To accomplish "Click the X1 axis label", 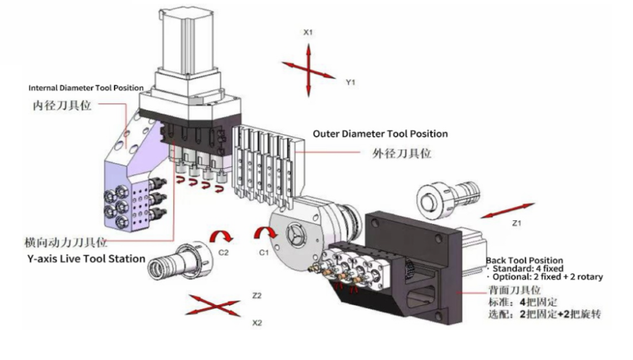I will pos(308,32).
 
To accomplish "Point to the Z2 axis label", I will pos(257,296).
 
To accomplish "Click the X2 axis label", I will pos(257,323).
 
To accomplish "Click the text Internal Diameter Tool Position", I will pos(86,88).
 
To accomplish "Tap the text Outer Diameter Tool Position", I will pos(380,134).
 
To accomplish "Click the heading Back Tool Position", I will pos(524,260).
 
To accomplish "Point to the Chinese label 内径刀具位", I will pos(62,105).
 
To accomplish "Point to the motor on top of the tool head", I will pos(184,40).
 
